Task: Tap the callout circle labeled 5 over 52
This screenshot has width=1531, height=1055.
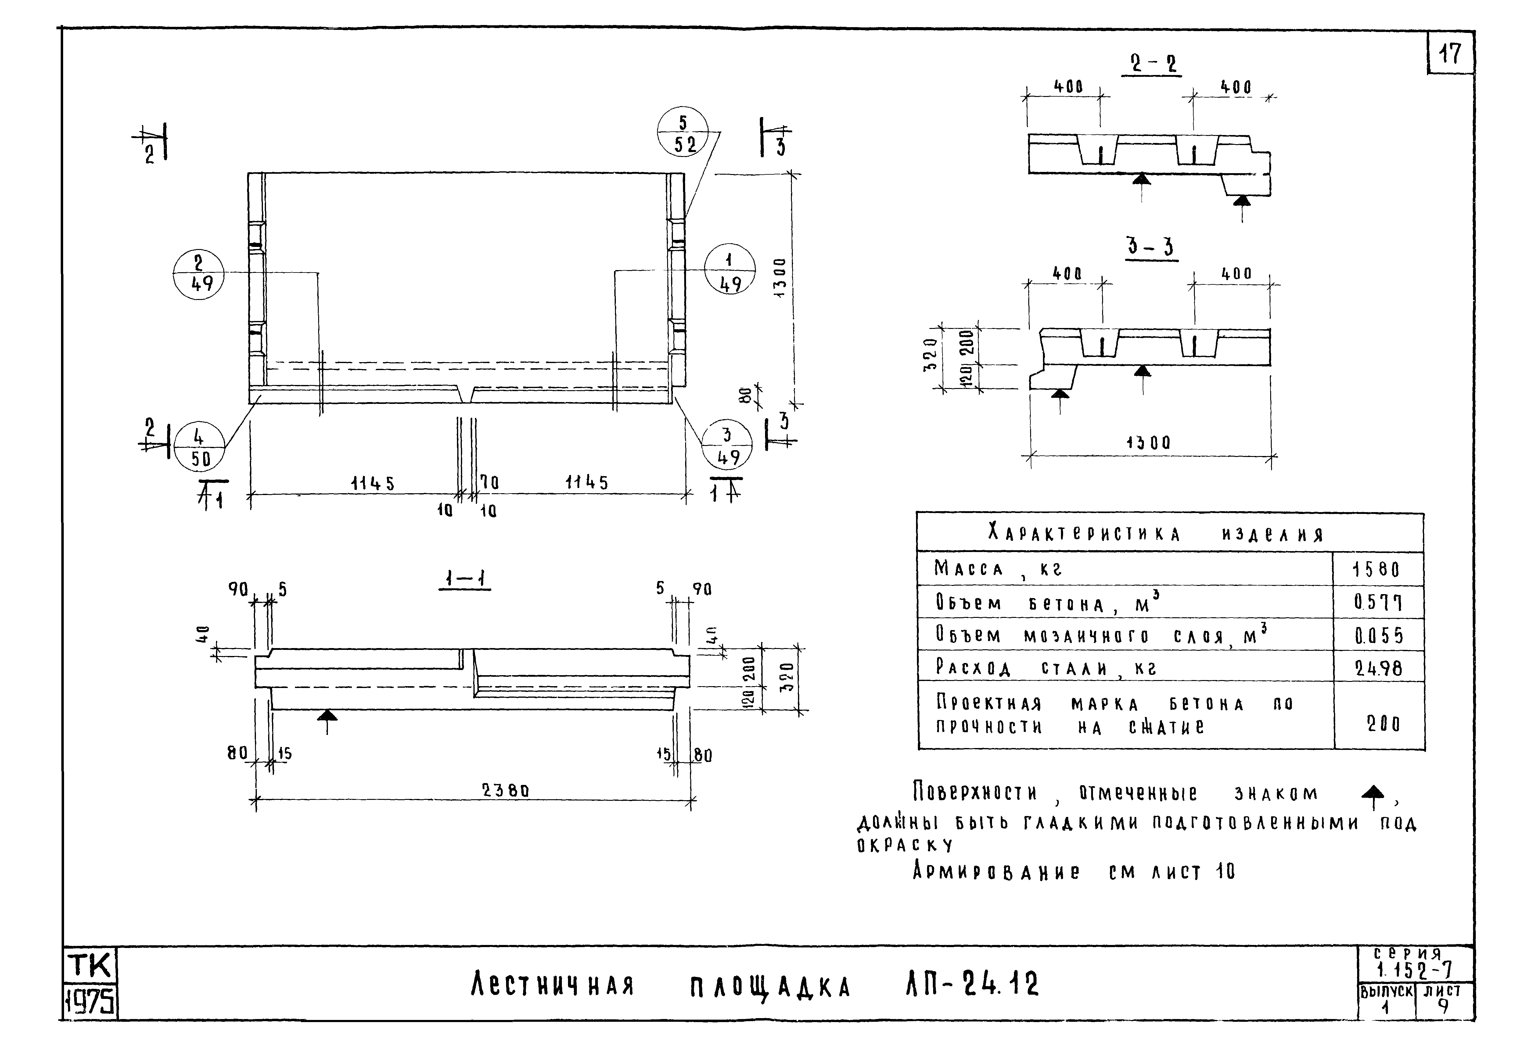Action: [x=682, y=132]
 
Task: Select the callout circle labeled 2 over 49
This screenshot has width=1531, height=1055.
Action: [x=198, y=274]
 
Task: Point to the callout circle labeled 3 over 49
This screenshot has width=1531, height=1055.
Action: [x=727, y=446]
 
